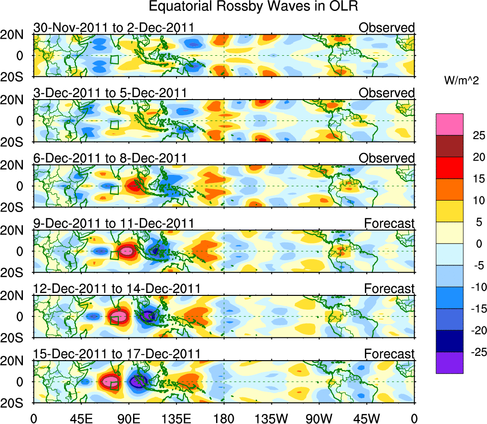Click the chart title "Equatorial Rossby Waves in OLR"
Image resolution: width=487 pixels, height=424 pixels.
pos(253,7)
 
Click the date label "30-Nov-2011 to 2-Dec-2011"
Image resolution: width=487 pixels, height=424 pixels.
pos(114,28)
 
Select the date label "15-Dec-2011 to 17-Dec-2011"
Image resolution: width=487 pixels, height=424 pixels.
pos(117,354)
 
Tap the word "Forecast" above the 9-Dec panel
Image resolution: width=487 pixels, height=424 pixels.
pos(389,223)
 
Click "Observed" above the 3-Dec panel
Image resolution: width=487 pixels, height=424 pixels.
pos(387,93)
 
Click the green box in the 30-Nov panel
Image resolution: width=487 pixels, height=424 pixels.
pos(114,60)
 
